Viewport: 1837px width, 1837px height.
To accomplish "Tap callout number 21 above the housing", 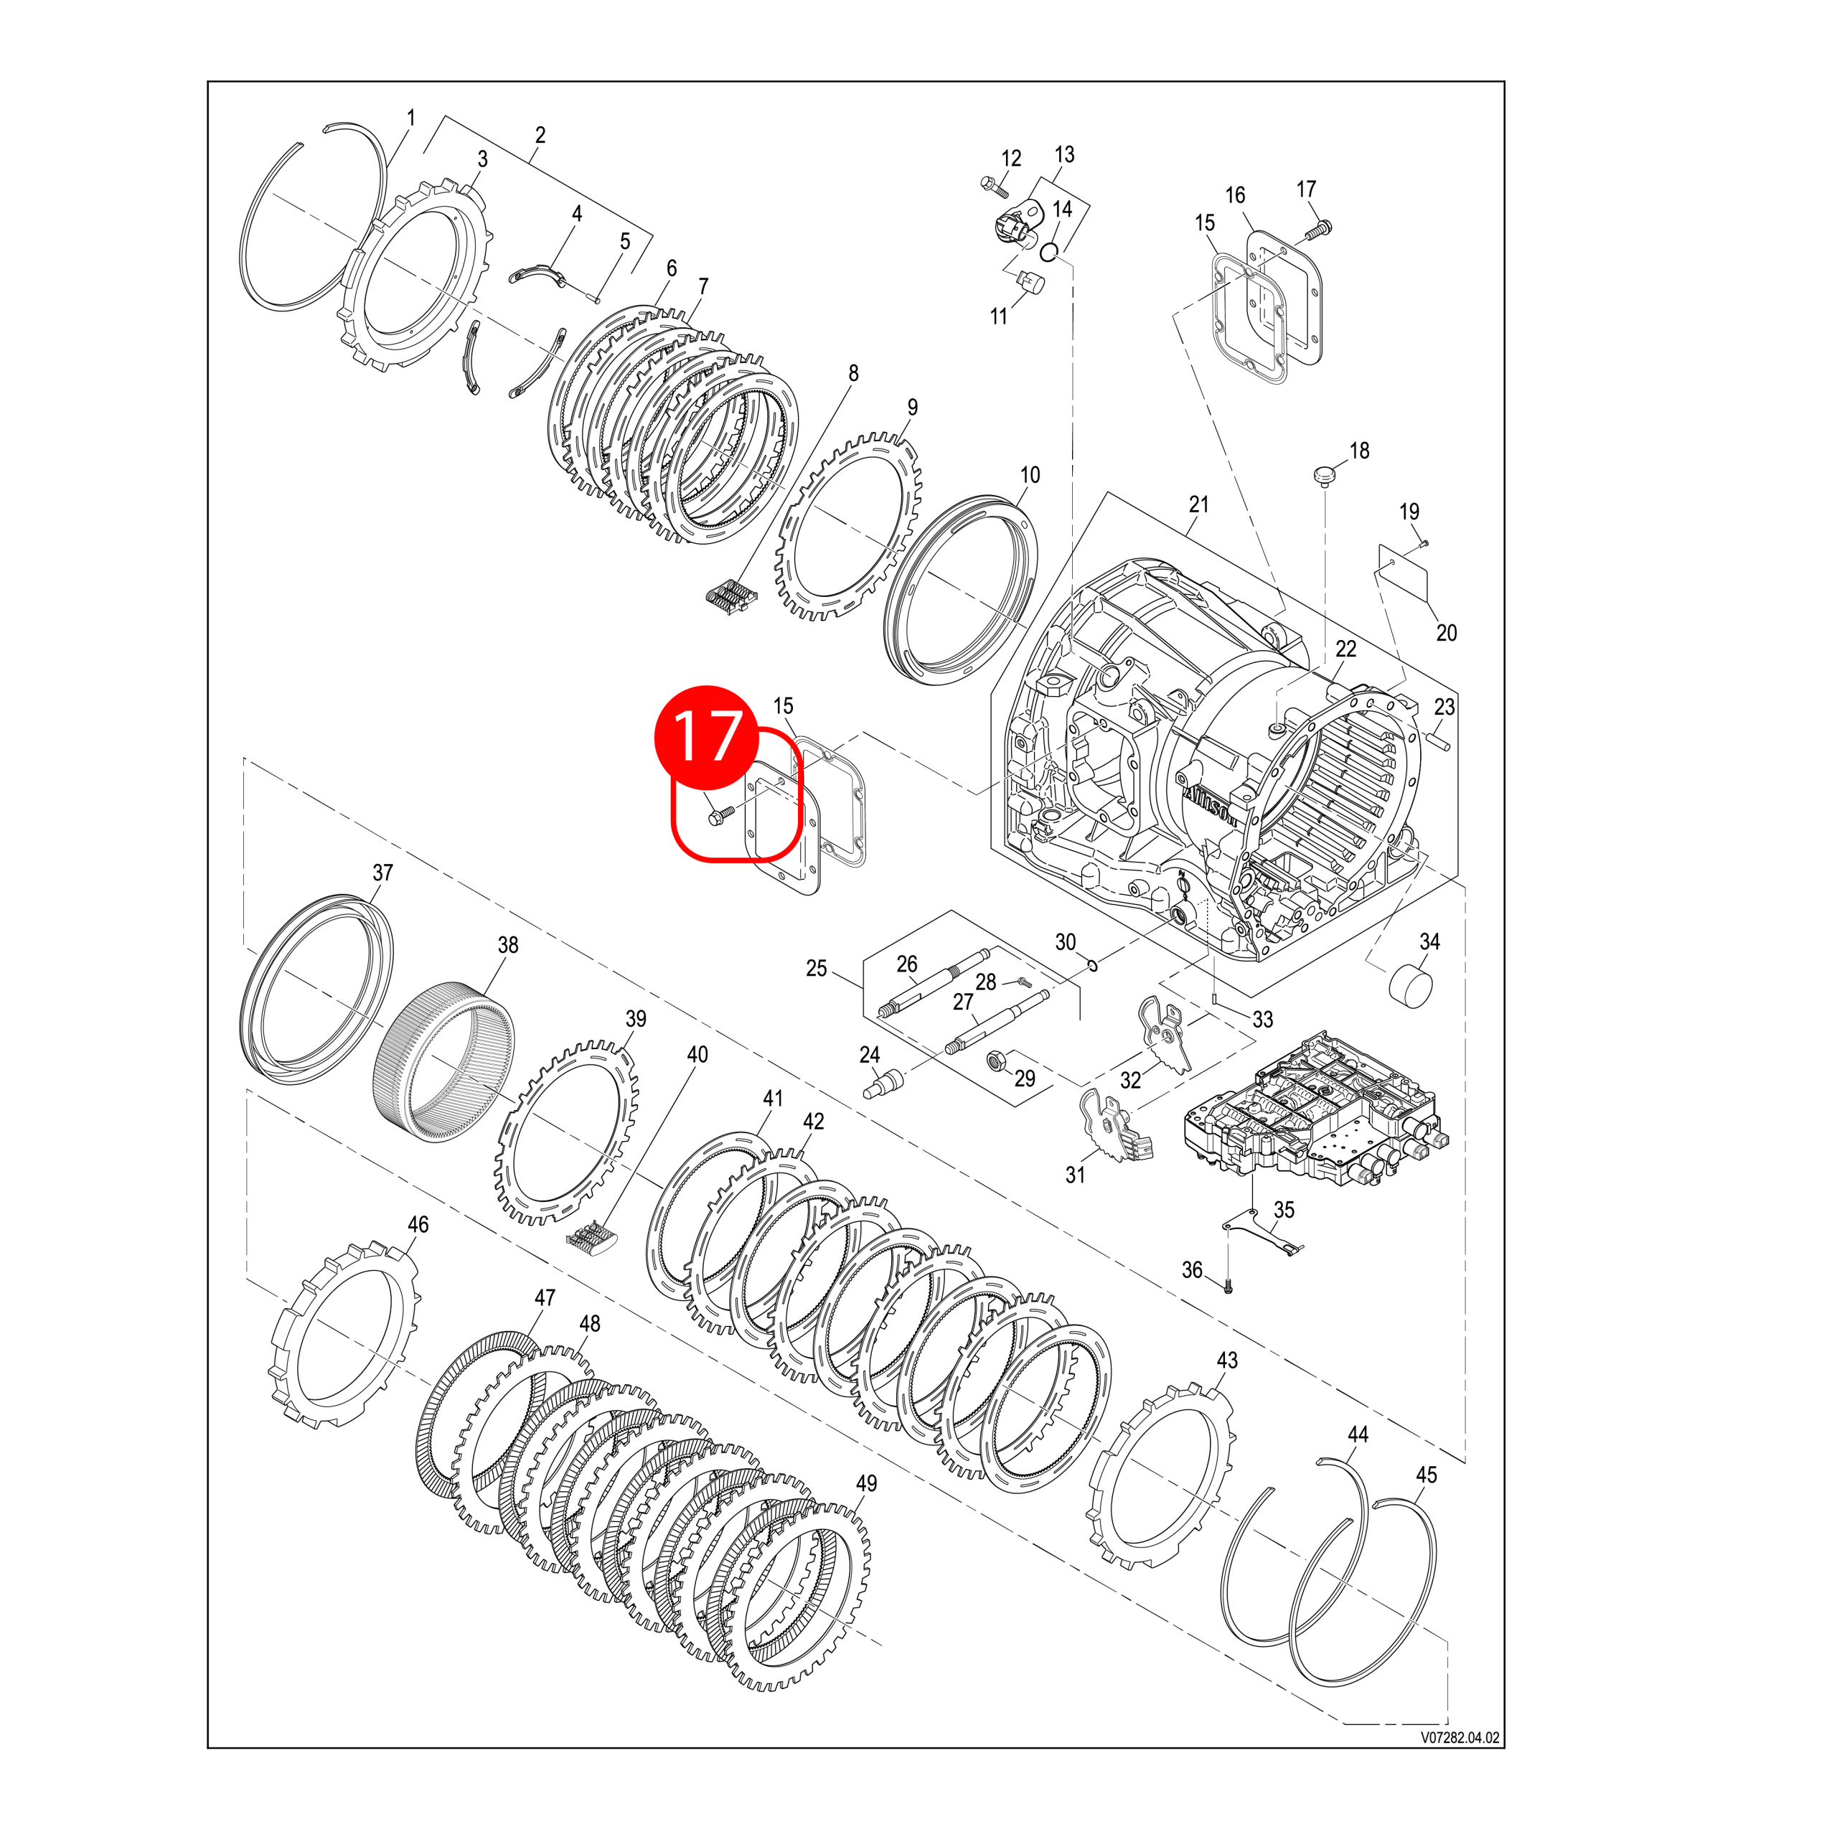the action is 1199,505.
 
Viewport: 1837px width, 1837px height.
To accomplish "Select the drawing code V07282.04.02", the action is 1460,1737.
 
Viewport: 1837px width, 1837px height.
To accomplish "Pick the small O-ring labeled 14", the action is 1050,252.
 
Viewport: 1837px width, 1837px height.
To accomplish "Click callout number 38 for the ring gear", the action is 508,944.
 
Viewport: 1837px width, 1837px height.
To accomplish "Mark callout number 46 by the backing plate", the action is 418,1223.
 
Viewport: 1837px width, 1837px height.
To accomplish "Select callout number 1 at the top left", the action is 410,118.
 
